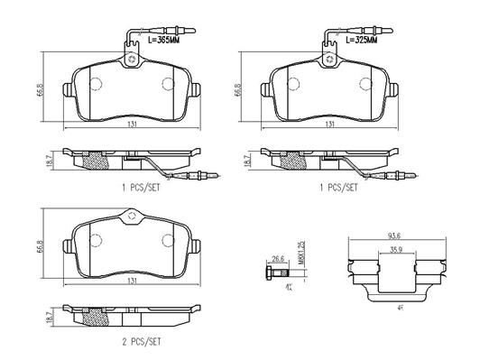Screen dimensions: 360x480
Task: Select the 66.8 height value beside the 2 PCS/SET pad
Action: point(42,245)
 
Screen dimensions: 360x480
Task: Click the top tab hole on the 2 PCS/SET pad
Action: point(132,217)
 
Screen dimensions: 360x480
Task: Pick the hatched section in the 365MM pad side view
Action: point(92,162)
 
